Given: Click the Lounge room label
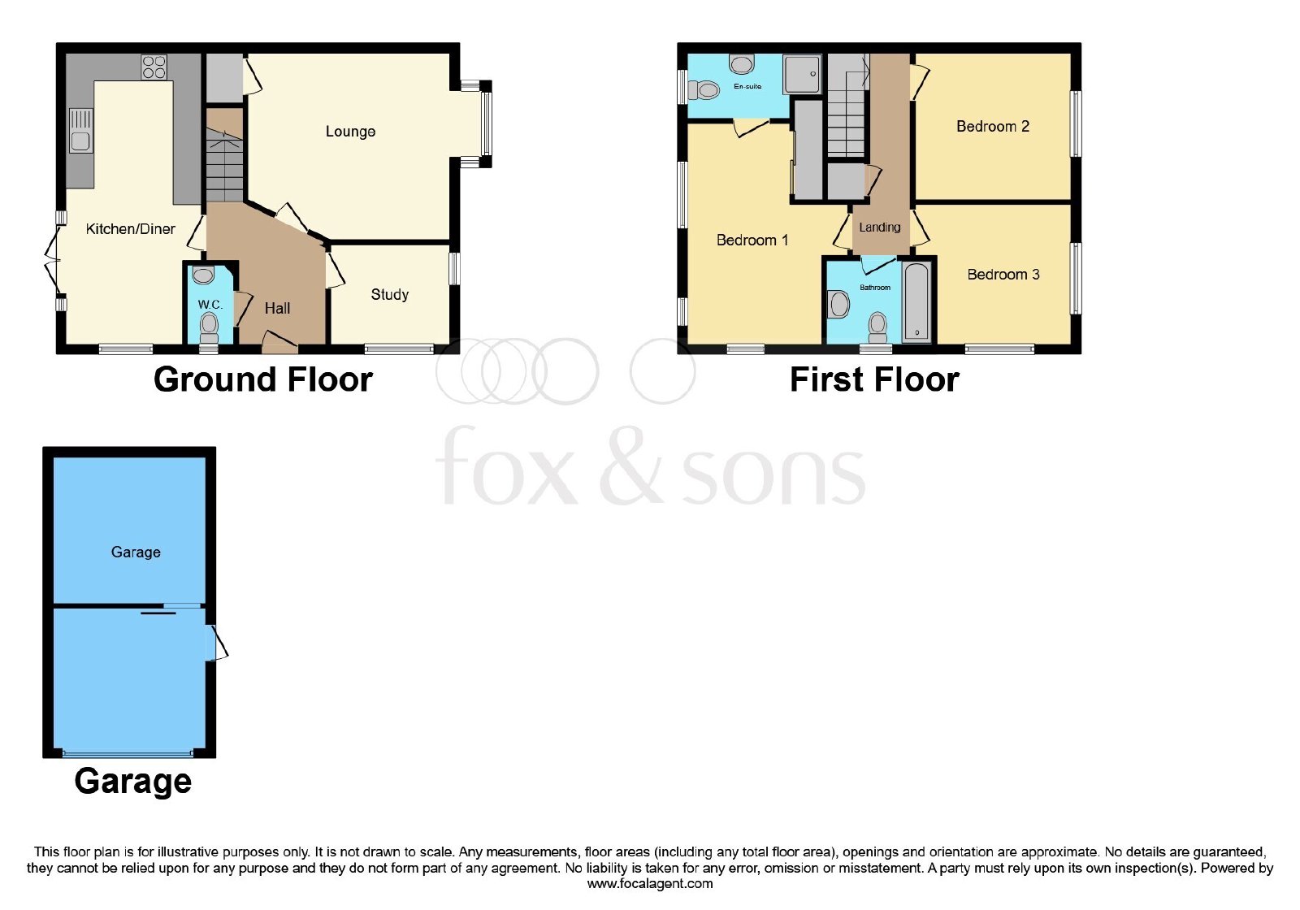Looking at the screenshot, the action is pyautogui.click(x=350, y=132).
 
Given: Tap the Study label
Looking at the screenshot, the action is pyautogui.click(x=389, y=295).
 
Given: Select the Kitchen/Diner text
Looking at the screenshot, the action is pyautogui.click(x=131, y=229).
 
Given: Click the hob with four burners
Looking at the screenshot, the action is pyautogui.click(x=154, y=67).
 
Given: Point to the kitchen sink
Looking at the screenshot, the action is pyautogui.click(x=80, y=131).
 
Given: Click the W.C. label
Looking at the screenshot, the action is pyautogui.click(x=210, y=305).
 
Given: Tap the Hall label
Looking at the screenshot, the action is pyautogui.click(x=277, y=309).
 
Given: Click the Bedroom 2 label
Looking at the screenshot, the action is pyautogui.click(x=992, y=127).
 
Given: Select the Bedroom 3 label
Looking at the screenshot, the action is pyautogui.click(x=1003, y=275).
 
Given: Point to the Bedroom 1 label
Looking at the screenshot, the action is pyautogui.click(x=752, y=240).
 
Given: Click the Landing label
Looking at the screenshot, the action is pyautogui.click(x=879, y=227).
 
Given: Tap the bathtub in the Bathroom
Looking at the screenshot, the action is pyautogui.click(x=917, y=301).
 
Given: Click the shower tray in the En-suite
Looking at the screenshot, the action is pyautogui.click(x=801, y=74).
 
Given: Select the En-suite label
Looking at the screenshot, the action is pyautogui.click(x=747, y=86).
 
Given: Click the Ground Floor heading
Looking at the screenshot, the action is pyautogui.click(x=263, y=380).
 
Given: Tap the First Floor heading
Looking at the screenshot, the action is pyautogui.click(x=874, y=380).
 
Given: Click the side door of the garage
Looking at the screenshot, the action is pyautogui.click(x=216, y=643).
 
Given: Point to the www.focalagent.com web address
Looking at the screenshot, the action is pyautogui.click(x=649, y=884).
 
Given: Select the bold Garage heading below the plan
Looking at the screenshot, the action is pyautogui.click(x=133, y=782).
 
